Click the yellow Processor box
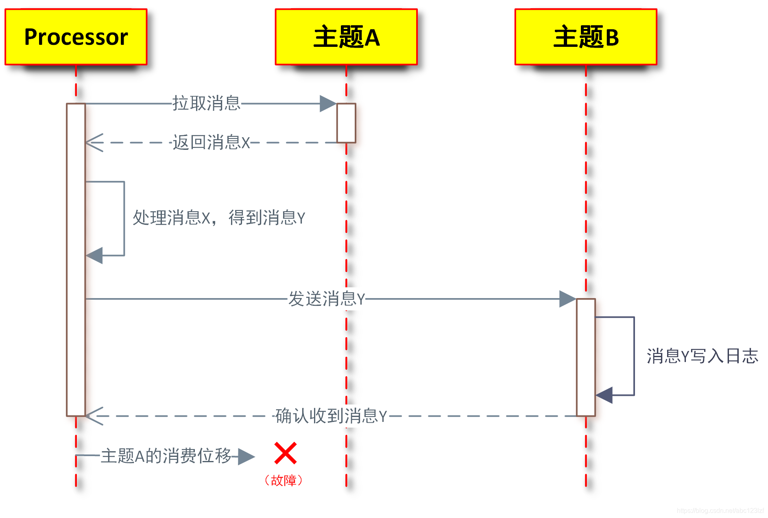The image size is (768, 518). (x=76, y=37)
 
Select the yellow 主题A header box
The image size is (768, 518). (x=346, y=37)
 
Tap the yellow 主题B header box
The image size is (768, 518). (x=586, y=37)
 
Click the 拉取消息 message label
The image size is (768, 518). (x=206, y=103)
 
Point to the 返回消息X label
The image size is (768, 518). (x=211, y=143)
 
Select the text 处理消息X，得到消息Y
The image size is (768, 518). (x=219, y=218)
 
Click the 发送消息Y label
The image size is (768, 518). (x=327, y=299)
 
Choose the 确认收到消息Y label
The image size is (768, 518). (x=331, y=416)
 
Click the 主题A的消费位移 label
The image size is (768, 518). (x=166, y=456)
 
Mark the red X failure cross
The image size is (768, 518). (x=286, y=453)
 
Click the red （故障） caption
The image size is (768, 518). (x=284, y=481)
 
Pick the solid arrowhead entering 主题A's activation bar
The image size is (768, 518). (x=328, y=103)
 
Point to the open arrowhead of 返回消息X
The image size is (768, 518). (x=94, y=143)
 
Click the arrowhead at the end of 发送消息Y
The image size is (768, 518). (x=567, y=299)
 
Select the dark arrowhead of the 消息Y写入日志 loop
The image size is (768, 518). (x=604, y=395)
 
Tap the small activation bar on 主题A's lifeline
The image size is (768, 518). (x=346, y=123)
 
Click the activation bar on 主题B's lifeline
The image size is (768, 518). (x=586, y=357)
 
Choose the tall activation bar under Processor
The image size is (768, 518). (x=76, y=260)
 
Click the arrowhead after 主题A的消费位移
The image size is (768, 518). (x=246, y=456)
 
